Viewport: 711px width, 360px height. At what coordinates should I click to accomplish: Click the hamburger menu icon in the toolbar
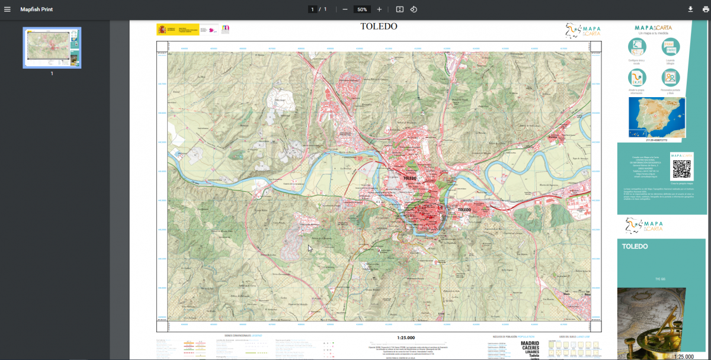(7, 9)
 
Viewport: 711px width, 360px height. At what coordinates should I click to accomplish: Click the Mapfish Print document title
(36, 9)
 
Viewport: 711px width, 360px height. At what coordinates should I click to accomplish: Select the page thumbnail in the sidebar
(52, 47)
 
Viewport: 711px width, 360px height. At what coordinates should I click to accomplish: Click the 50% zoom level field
(361, 9)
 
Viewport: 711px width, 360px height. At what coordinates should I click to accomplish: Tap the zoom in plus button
(379, 9)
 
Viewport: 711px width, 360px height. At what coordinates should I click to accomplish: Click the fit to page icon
(400, 9)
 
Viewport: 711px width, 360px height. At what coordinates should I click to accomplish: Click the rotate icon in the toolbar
(414, 9)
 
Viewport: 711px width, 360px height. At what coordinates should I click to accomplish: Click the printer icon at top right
(705, 9)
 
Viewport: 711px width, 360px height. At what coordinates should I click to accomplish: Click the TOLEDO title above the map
(379, 27)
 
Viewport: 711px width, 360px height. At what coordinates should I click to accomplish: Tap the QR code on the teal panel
(681, 169)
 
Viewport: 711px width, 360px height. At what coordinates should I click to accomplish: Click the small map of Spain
(656, 117)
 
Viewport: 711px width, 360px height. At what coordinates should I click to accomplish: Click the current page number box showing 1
(312, 9)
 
